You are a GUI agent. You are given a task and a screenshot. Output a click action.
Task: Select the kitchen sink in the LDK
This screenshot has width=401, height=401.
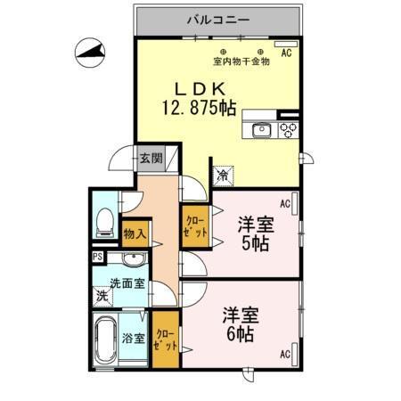[264, 130]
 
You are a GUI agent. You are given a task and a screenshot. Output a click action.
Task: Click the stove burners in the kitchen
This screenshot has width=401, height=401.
[288, 130]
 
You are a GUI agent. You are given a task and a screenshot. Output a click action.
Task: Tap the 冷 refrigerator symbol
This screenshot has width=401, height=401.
[222, 174]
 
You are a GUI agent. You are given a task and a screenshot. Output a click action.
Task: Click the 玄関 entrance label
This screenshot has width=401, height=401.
[151, 160]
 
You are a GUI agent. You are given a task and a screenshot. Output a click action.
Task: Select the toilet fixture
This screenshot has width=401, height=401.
[103, 220]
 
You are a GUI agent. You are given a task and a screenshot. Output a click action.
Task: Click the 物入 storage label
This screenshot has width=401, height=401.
[135, 233]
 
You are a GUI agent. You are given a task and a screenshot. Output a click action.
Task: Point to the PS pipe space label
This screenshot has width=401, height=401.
[97, 257]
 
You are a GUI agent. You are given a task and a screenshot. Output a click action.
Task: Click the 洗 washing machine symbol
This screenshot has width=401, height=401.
[102, 295]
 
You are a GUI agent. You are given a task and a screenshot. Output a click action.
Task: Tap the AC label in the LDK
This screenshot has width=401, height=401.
[286, 53]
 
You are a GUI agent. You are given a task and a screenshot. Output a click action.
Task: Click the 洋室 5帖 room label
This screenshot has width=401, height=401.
[254, 232]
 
